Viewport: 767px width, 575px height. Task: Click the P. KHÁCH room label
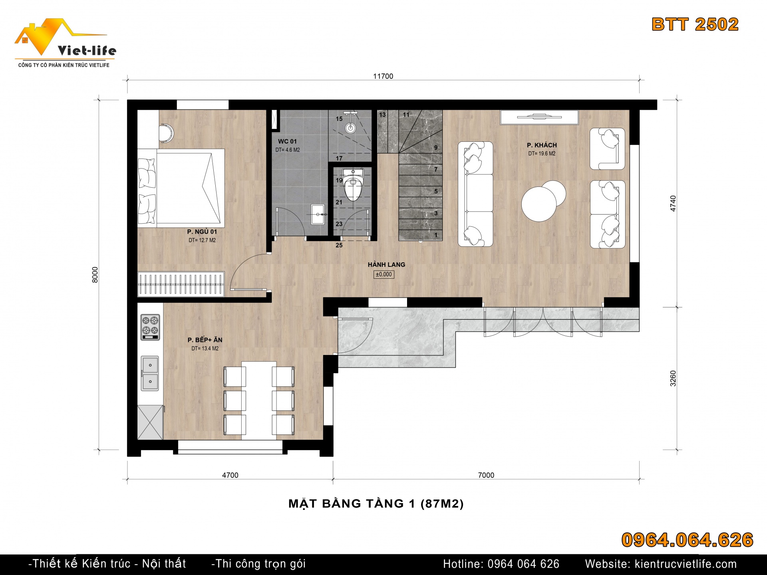tap(541, 145)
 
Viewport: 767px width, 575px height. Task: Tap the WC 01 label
tap(287, 141)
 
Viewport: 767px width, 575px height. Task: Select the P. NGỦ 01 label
tap(202, 232)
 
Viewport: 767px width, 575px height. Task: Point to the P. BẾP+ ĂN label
tap(205, 340)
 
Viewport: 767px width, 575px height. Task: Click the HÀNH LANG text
tap(386, 264)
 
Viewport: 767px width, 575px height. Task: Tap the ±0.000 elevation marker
tap(384, 274)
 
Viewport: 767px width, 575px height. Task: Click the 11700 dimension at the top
tap(383, 76)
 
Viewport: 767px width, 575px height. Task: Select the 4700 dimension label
tap(230, 475)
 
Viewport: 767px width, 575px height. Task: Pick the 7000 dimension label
tap(486, 475)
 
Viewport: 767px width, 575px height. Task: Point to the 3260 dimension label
tap(673, 379)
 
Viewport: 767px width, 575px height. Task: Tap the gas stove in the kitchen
tap(150, 327)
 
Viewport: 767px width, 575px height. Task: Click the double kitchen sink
tap(150, 373)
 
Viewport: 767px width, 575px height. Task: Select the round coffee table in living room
tap(543, 201)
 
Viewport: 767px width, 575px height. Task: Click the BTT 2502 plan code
tap(695, 24)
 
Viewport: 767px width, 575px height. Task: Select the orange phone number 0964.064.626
tap(688, 540)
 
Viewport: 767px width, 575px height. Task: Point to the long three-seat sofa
tap(475, 194)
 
